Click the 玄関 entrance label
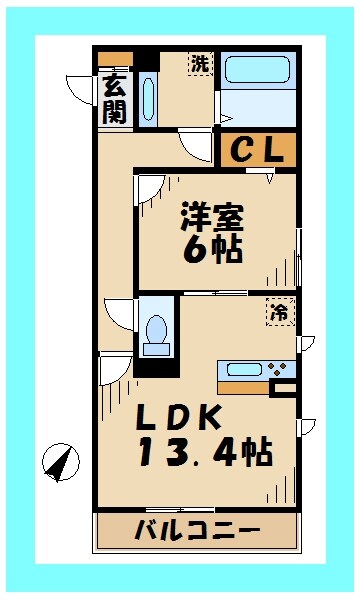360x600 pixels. pyautogui.click(x=113, y=99)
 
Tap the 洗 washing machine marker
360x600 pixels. pyautogui.click(x=201, y=63)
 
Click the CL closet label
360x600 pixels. pyautogui.click(x=257, y=150)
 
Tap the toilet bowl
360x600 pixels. pyautogui.click(x=156, y=331)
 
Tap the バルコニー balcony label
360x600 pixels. pyautogui.click(x=197, y=531)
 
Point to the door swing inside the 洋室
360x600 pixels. pyautogui.click(x=151, y=188)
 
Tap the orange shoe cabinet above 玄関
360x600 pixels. pyautogui.click(x=114, y=58)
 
